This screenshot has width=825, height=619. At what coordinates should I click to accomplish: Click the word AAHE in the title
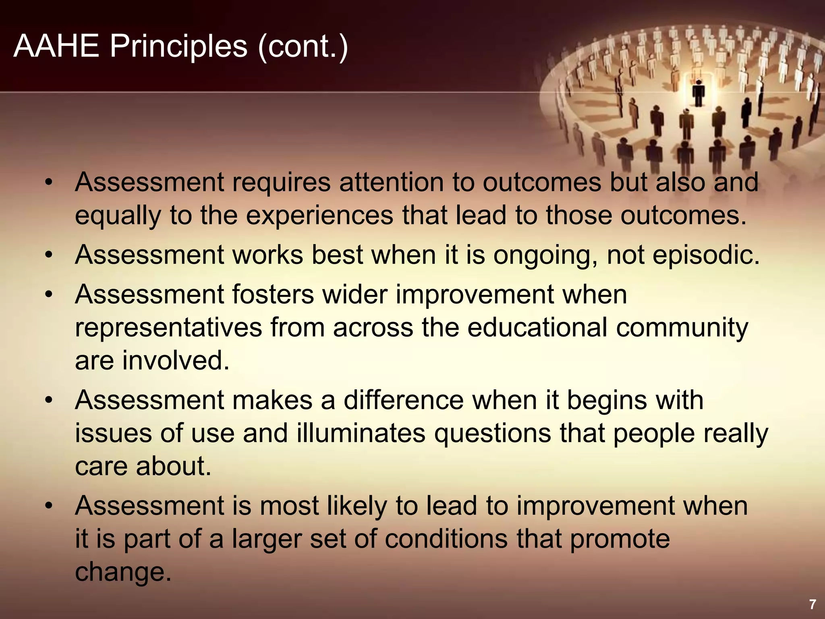point(56,46)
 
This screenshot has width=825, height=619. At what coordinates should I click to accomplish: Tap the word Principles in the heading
point(178,47)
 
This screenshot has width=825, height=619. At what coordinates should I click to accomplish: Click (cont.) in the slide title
point(303,47)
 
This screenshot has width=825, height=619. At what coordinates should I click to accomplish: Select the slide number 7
point(812,604)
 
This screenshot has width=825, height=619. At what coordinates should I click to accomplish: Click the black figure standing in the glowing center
point(699,93)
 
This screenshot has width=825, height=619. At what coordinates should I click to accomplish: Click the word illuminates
point(361,433)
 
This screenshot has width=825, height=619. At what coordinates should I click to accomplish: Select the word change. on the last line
point(123,572)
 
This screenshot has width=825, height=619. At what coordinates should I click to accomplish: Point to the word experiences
point(319,216)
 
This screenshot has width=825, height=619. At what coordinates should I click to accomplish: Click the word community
point(682,328)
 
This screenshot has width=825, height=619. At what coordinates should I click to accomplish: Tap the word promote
point(620,540)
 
